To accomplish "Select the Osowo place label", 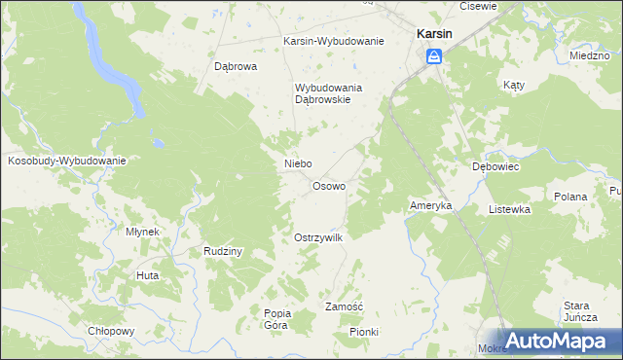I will (x=328, y=186).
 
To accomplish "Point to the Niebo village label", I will (x=297, y=163).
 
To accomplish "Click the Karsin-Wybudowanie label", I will (x=333, y=42).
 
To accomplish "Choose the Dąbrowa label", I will (x=235, y=67).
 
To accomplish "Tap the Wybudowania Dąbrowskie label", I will (x=328, y=93).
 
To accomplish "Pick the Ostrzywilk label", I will (x=318, y=237).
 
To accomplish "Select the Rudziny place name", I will (x=223, y=251).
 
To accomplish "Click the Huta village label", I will (x=148, y=275).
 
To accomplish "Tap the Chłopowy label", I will (x=110, y=331).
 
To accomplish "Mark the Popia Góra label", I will (x=276, y=318).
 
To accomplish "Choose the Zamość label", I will (x=344, y=306).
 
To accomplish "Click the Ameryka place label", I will (x=429, y=206).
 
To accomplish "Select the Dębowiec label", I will (x=495, y=166).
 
